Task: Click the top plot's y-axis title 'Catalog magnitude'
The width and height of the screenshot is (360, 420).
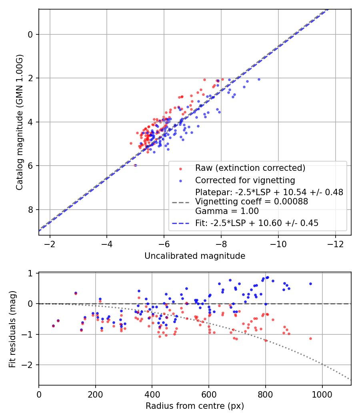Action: (19, 122)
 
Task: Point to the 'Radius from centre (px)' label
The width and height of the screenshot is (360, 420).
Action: (195, 406)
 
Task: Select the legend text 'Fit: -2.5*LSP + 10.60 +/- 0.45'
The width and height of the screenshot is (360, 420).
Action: (257, 223)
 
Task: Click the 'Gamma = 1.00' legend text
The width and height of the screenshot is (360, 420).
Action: (227, 211)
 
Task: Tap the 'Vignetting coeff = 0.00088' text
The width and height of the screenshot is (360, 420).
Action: (252, 202)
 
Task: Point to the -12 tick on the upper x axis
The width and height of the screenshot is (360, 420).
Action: (335, 244)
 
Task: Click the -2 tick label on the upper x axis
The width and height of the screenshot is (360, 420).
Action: (50, 244)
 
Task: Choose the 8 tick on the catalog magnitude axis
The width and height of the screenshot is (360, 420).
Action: (30, 210)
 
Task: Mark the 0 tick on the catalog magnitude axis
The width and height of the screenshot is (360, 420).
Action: (30, 34)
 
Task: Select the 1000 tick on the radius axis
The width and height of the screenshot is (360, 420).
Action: (322, 394)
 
